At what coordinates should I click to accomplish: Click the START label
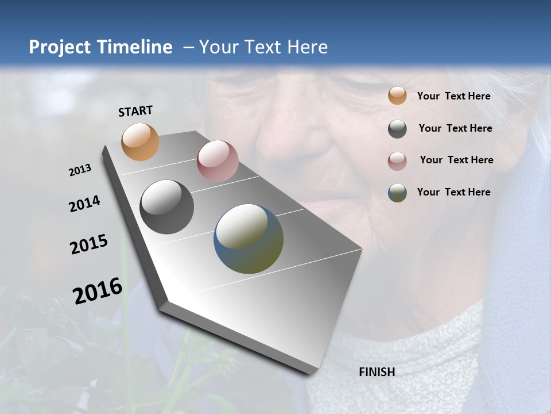[x=135, y=111]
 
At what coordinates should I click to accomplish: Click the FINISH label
[x=377, y=372]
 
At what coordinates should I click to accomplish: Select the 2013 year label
[x=80, y=170]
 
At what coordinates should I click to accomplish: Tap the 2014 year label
[x=84, y=204]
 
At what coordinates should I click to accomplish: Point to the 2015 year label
[x=89, y=244]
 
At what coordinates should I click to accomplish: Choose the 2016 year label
[x=98, y=290]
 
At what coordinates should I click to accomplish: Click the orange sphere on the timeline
[x=141, y=141]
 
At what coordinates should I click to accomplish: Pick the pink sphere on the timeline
[x=218, y=161]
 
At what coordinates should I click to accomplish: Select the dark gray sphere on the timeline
[x=167, y=207]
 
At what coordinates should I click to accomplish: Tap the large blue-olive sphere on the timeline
[x=249, y=239]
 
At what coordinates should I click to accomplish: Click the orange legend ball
[x=397, y=96]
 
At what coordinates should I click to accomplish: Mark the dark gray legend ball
[x=397, y=129]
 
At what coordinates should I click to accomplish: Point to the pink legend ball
[x=397, y=160]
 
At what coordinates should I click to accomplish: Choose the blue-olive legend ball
[x=397, y=193]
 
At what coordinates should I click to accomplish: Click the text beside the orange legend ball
[x=453, y=96]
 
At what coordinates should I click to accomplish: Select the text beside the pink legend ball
[x=456, y=160]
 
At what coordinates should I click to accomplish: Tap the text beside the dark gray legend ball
[x=455, y=128]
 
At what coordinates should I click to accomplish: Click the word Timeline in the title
[x=133, y=47]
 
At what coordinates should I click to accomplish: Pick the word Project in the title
[x=59, y=47]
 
